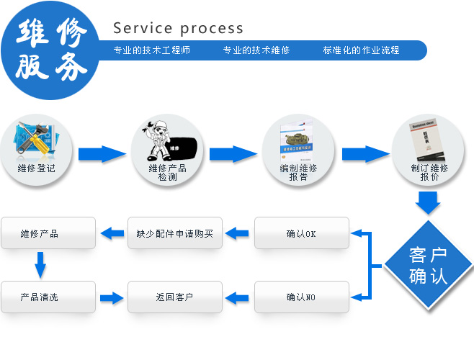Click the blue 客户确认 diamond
point(428,266)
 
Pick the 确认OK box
point(301,233)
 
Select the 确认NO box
point(301,297)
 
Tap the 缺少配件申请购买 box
point(175,233)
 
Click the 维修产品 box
point(48,233)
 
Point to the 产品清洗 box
point(48,297)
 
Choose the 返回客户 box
point(175,297)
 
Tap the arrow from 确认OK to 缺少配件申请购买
point(239,233)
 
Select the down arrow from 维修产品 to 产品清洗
point(40,265)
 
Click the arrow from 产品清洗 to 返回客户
point(112,297)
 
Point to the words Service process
point(179,29)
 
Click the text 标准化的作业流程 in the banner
point(362,50)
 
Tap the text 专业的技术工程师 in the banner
point(152,50)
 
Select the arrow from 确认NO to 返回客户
point(239,297)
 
